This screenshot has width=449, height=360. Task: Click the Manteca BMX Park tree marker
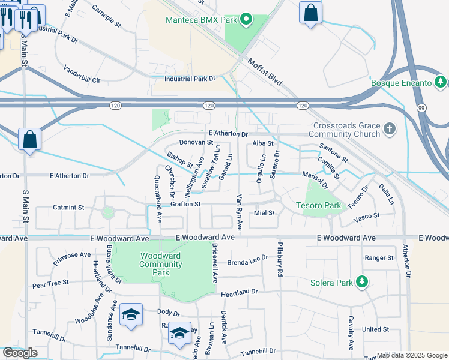pyautogui.click(x=246, y=20)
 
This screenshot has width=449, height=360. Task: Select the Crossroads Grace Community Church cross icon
pyautogui.click(x=390, y=128)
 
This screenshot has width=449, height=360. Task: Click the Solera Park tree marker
pyautogui.click(x=361, y=282)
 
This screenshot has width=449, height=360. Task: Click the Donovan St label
pyautogui.click(x=196, y=143)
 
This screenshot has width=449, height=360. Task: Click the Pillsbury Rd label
pyautogui.click(x=279, y=259)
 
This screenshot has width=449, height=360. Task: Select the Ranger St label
pyautogui.click(x=379, y=258)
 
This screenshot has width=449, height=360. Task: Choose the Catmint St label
pyautogui.click(x=68, y=208)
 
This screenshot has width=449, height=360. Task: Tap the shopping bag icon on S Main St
pyautogui.click(x=29, y=139)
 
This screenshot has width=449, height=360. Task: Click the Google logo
pyautogui.click(x=20, y=353)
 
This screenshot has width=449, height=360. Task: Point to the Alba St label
pyautogui.click(x=263, y=143)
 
